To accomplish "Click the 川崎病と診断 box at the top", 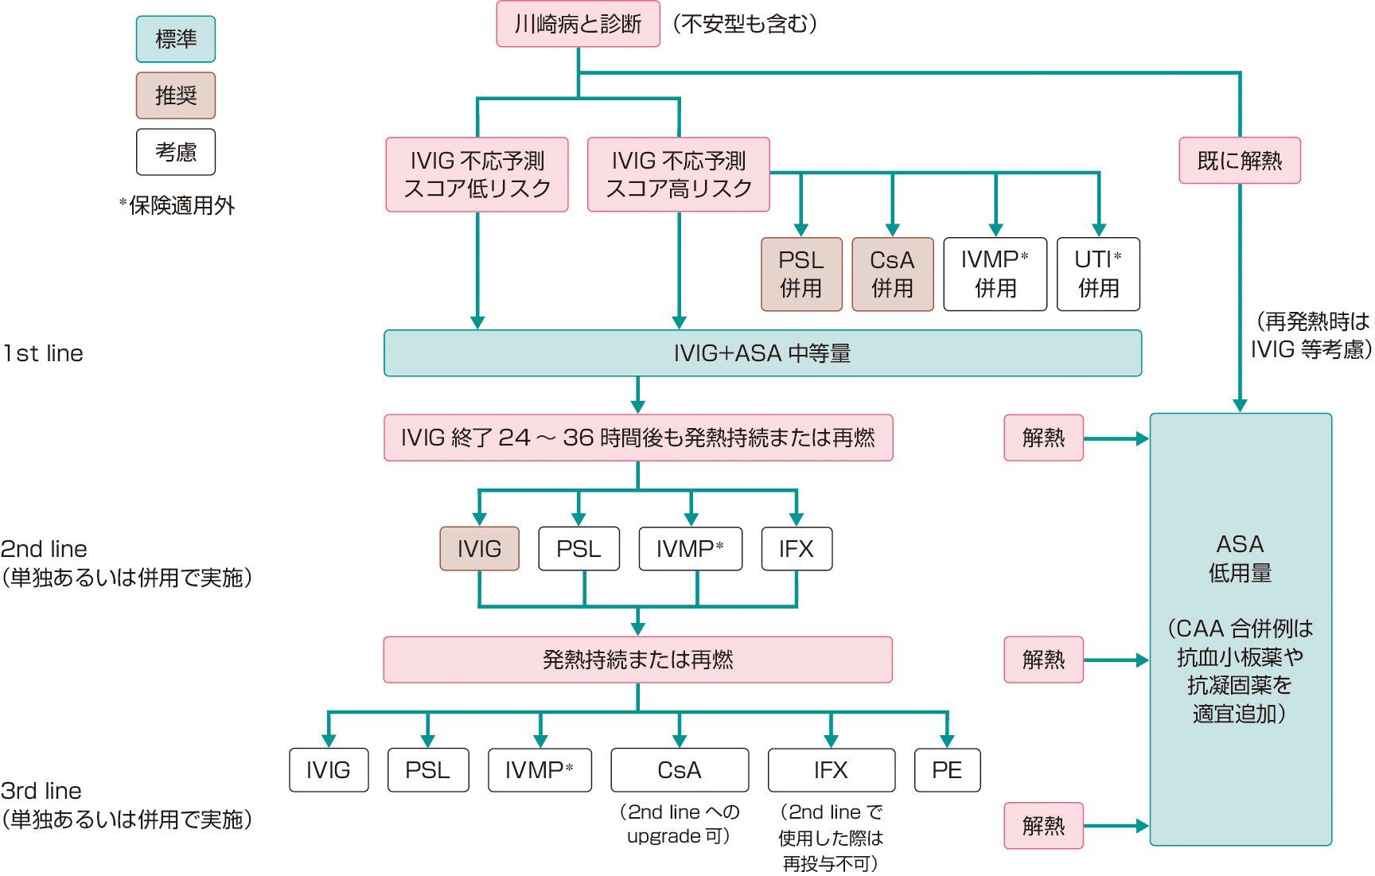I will tap(578, 24).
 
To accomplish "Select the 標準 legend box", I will tap(176, 39).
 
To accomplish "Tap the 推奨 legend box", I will tap(176, 95).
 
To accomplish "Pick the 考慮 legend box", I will tap(176, 152).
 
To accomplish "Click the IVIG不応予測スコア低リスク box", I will tap(477, 174).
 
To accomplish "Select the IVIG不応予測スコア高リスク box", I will tap(678, 174).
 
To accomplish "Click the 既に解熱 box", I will tap(1239, 161).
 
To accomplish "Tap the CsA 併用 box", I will tap(892, 274).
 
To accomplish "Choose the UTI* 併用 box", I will tap(1098, 274).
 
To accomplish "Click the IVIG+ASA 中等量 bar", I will tap(762, 353).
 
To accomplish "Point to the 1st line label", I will tap(43, 353).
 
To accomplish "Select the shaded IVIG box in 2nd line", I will tap(479, 549).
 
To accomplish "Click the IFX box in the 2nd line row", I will tap(797, 549).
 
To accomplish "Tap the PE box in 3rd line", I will tap(947, 770).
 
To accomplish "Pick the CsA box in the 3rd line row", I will tap(680, 770).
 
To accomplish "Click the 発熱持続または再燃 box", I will tap(637, 660).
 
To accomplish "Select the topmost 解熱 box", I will tap(1043, 438).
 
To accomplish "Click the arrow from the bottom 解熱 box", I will tap(1116, 826).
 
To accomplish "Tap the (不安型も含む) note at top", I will tap(745, 24).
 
